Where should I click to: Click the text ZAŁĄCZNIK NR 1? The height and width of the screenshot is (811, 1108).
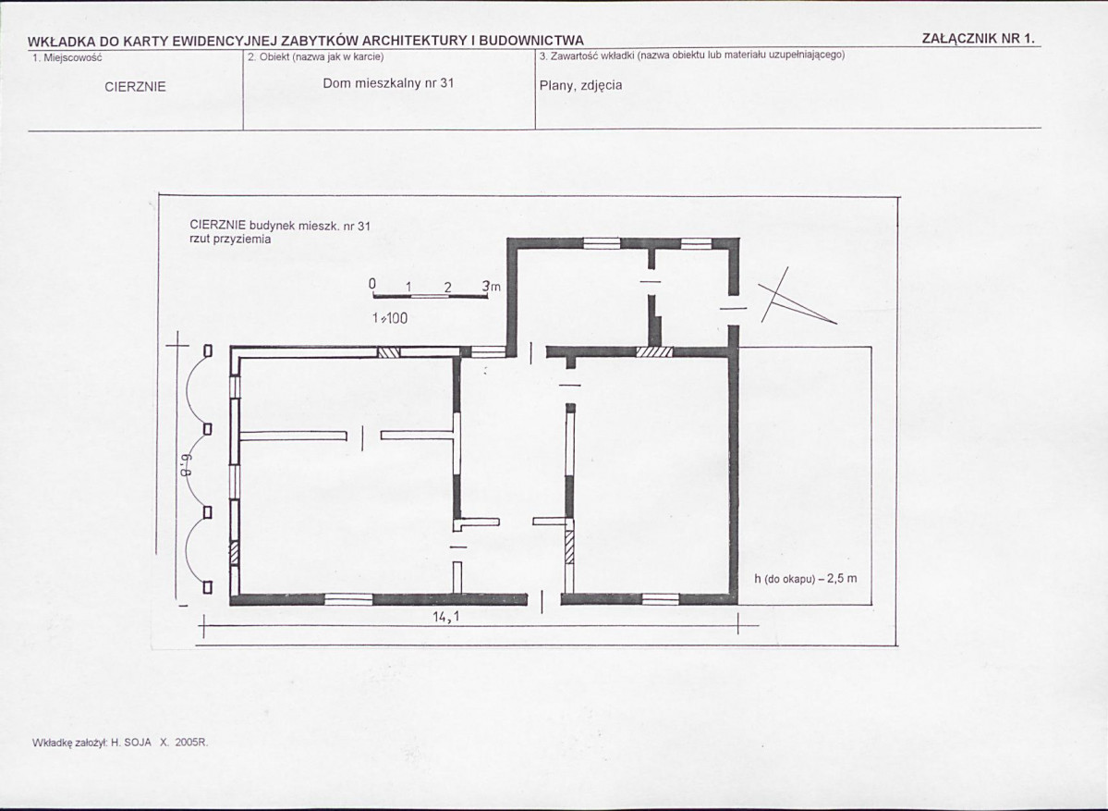point(978,39)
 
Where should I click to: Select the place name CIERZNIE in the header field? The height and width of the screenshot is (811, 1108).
point(135,87)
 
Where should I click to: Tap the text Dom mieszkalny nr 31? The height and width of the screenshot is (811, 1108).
point(388,82)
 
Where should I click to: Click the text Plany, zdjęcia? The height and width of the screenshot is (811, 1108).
point(581,86)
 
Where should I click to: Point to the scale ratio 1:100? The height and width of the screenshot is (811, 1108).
point(389,318)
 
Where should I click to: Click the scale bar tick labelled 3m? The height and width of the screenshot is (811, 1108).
point(491,287)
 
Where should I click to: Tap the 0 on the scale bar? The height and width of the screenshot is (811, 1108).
point(372,284)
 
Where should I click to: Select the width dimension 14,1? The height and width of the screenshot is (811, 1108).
point(446,617)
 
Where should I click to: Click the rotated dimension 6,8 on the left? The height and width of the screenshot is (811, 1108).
point(188,464)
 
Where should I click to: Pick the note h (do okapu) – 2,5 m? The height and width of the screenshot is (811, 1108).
point(806,578)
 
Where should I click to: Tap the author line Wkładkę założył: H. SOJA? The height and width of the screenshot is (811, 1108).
point(91,743)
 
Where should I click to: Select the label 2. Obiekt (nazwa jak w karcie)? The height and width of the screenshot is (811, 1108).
point(316,56)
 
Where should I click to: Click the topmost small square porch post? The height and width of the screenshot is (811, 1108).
point(209,350)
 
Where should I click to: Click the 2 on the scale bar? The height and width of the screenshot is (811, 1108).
point(448,288)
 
